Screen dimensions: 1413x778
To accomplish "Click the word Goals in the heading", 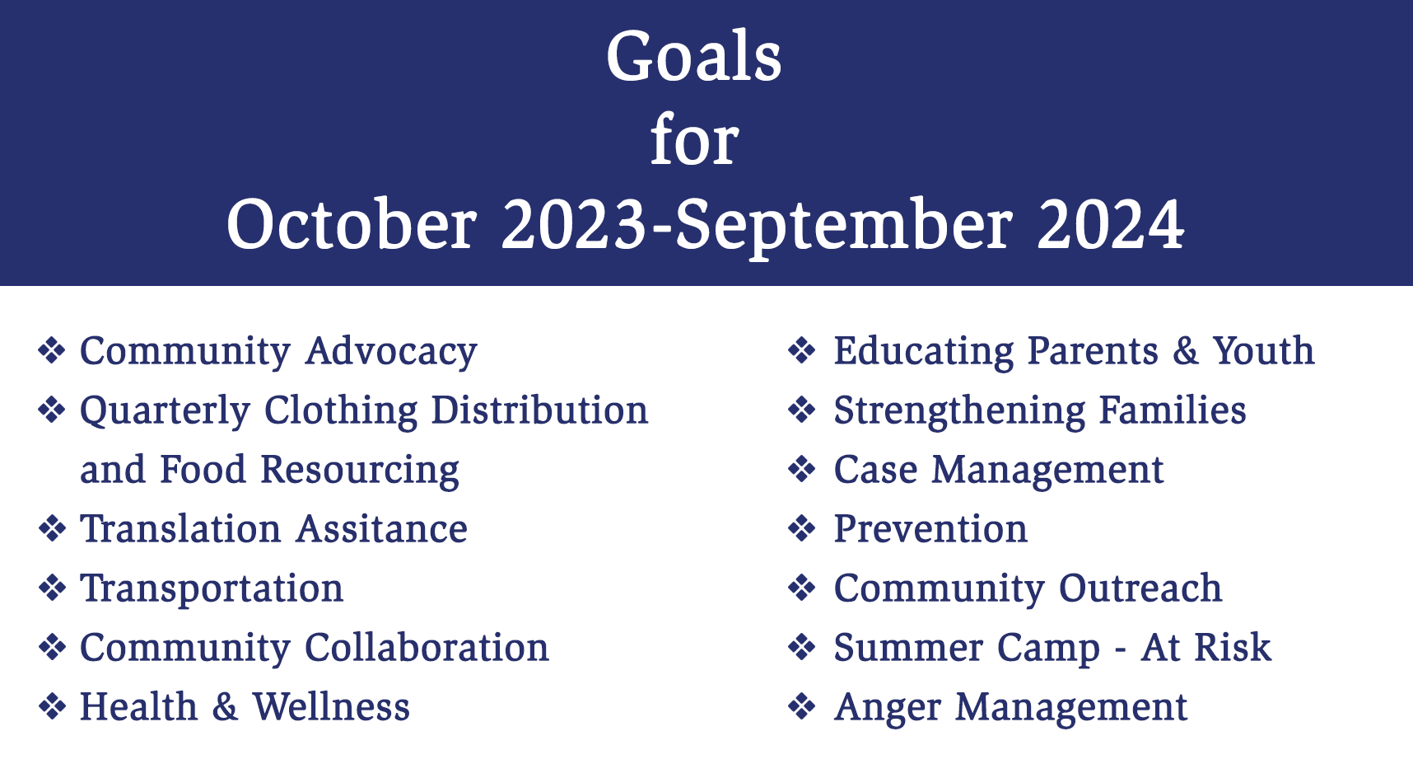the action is point(694,56).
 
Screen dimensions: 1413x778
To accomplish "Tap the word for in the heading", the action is point(694,140).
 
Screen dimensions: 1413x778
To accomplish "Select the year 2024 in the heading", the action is point(1111,224).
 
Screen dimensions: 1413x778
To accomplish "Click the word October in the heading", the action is point(352,224).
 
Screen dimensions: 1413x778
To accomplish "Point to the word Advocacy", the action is point(391,352).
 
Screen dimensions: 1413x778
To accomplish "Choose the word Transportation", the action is point(212,589).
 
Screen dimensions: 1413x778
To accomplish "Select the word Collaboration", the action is point(427,647).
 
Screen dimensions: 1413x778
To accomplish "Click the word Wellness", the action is point(331,706).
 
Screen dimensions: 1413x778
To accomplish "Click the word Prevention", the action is point(930,528).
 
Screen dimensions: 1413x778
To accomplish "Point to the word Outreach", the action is point(1140,588).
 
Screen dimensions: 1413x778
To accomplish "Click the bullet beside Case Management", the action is point(802,469).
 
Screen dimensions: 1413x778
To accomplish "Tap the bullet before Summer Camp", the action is point(802,647).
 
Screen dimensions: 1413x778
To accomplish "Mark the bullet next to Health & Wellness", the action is point(53,706).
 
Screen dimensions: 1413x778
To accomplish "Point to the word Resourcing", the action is point(360,471).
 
